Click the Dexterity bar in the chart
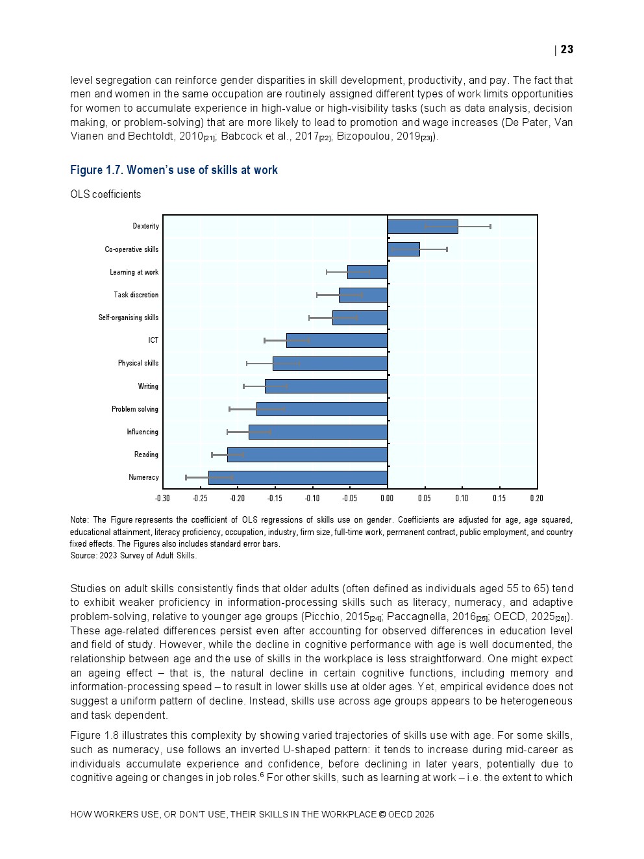tap(422, 227)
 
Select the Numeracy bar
tap(298, 478)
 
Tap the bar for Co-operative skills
tap(403, 249)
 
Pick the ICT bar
tap(336, 340)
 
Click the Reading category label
tap(146, 454)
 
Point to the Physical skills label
tap(138, 363)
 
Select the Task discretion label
tap(136, 295)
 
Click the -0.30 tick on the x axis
tap(162, 499)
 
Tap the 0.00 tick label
tap(387, 499)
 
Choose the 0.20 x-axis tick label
tap(536, 499)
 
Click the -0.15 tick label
tap(275, 499)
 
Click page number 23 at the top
tap(567, 49)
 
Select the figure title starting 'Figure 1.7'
tap(174, 170)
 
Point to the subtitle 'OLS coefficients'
tap(105, 195)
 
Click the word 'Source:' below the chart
tap(83, 556)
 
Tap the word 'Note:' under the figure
tap(79, 520)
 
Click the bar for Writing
tap(326, 386)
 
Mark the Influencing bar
tap(318, 432)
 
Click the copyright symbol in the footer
tap(382, 814)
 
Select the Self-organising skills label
tap(129, 317)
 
